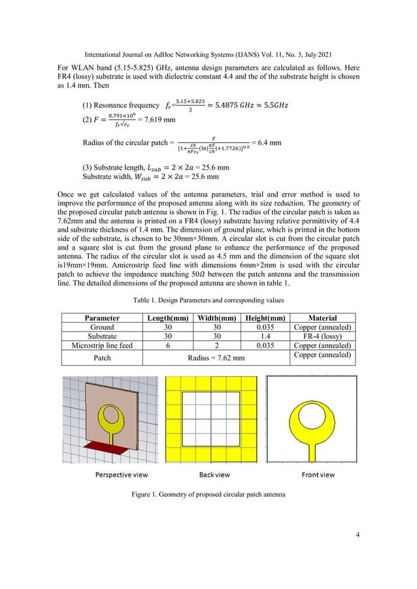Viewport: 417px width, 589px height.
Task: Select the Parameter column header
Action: click(101, 318)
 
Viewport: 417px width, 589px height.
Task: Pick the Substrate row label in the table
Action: click(101, 336)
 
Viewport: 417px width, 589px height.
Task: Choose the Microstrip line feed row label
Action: click(101, 345)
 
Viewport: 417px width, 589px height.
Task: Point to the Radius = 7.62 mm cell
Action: click(216, 358)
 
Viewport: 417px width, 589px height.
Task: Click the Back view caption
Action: click(212, 475)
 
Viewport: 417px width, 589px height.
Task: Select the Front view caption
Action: click(318, 475)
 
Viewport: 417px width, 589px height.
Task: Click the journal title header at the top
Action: click(208, 13)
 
